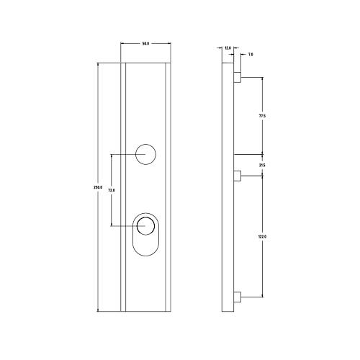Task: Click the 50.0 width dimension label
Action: pos(145,45)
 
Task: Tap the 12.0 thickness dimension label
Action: pos(228,48)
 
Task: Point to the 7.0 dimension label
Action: pos(250,54)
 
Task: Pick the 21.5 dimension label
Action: pos(262,166)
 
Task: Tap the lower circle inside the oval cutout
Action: pos(146,225)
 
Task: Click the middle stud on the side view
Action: pos(237,176)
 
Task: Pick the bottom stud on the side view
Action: pos(237,297)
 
